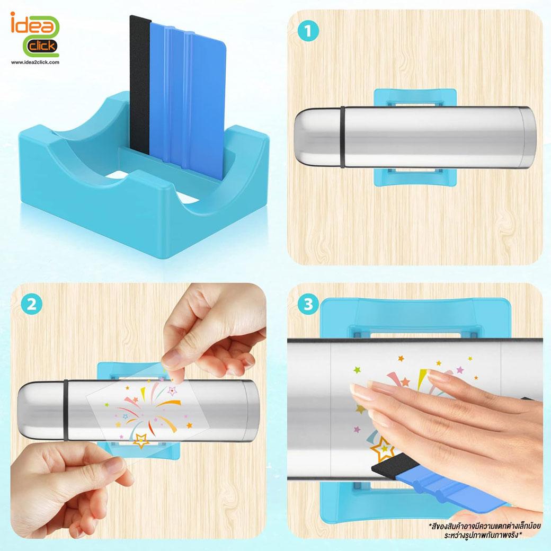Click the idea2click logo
35,34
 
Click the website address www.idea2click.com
35,62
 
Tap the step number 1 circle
308,31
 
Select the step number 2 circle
32,304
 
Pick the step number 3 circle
308,304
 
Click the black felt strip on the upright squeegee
140,86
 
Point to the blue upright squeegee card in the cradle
188,100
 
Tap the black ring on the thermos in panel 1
343,137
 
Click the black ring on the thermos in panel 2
66,410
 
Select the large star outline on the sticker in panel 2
141,441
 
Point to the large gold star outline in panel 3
381,449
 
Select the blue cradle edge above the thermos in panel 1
415,97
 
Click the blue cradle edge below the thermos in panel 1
415,177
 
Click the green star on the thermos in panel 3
357,370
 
